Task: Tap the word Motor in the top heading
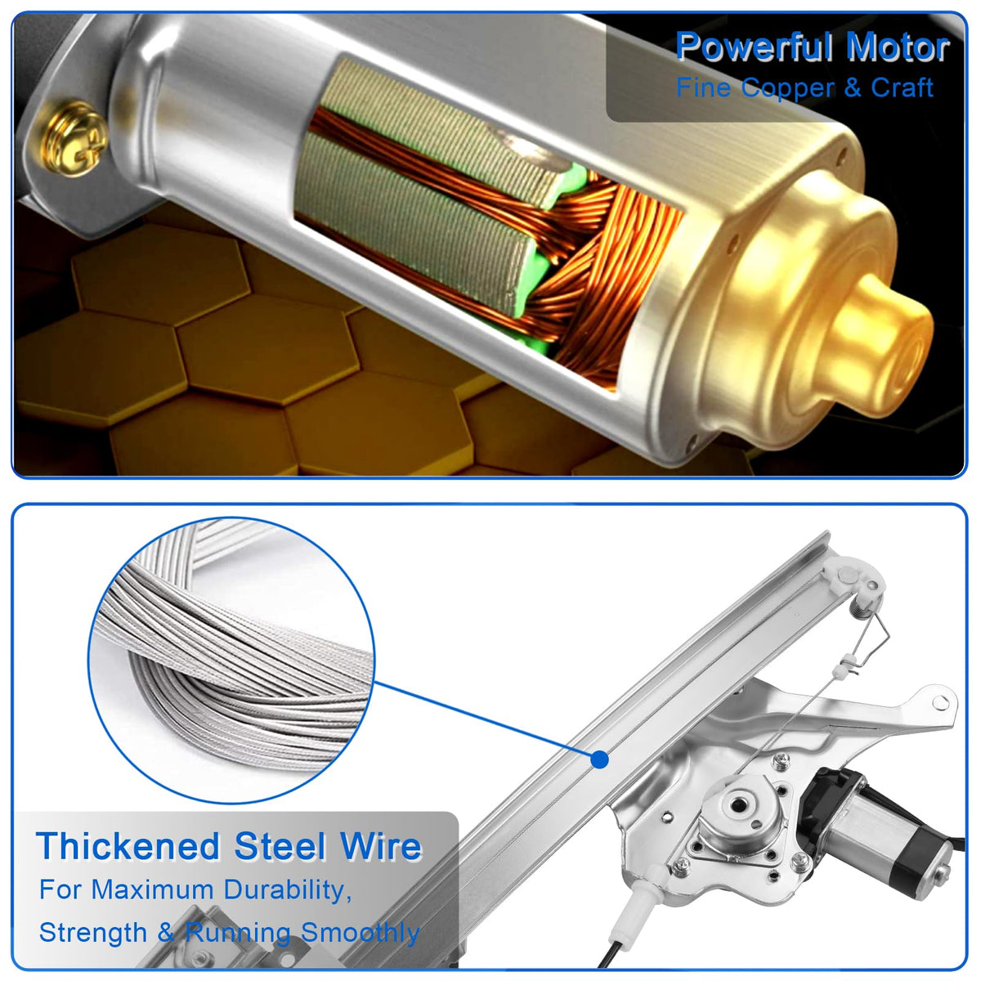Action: point(898,47)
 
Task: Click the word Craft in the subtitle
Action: point(902,87)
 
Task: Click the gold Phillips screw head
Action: point(75,138)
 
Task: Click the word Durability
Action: point(288,890)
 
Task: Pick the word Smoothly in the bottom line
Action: point(361,933)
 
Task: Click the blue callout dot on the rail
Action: point(600,759)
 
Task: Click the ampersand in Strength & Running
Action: point(166,933)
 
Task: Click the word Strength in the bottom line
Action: point(93,933)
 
